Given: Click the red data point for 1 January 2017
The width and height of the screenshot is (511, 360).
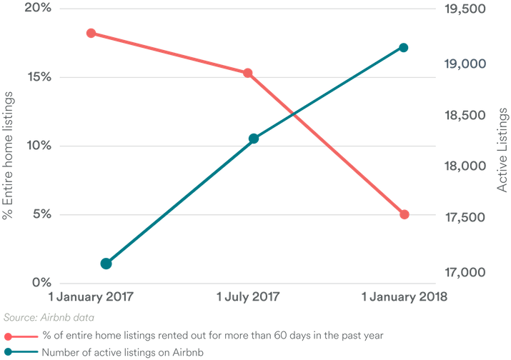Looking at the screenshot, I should coord(91,33).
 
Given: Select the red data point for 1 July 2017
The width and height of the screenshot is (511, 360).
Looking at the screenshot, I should coord(247,72).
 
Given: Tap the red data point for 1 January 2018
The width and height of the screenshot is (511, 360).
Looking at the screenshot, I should coord(405,214).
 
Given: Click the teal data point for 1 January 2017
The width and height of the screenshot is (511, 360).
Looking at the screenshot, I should coord(106,264).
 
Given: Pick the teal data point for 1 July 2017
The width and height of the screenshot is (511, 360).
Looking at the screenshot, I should coord(253,139).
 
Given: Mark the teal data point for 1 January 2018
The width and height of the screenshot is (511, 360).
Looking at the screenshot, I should coord(403,47).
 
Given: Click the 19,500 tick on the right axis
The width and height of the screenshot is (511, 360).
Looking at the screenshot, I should coord(465,9).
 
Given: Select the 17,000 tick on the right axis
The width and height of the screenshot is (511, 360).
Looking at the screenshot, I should coord(465,273).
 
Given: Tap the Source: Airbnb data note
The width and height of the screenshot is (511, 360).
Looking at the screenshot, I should coord(49,316).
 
